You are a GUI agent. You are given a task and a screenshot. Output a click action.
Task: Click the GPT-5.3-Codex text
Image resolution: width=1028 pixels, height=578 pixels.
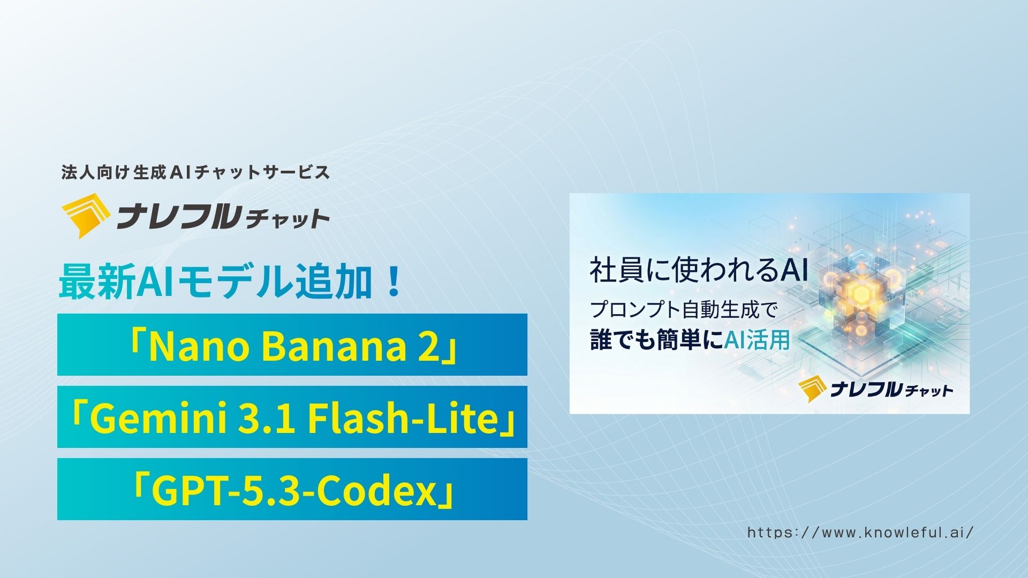(292, 490)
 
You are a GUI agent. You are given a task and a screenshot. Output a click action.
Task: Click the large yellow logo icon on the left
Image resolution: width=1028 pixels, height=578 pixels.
(86, 219)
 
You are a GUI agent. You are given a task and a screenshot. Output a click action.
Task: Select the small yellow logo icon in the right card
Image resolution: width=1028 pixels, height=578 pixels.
(811, 390)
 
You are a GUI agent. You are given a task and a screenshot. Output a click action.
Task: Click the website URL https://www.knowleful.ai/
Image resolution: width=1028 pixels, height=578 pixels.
(860, 533)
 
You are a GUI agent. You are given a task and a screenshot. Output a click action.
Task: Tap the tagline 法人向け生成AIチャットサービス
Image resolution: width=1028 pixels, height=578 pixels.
(195, 173)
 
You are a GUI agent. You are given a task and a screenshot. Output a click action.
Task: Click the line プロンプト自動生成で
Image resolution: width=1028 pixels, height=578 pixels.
(683, 310)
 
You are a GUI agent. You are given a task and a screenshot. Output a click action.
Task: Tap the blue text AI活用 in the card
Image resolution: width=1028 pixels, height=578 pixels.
(757, 340)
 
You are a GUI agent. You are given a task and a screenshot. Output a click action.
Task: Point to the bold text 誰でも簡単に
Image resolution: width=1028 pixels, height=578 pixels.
(656, 340)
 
